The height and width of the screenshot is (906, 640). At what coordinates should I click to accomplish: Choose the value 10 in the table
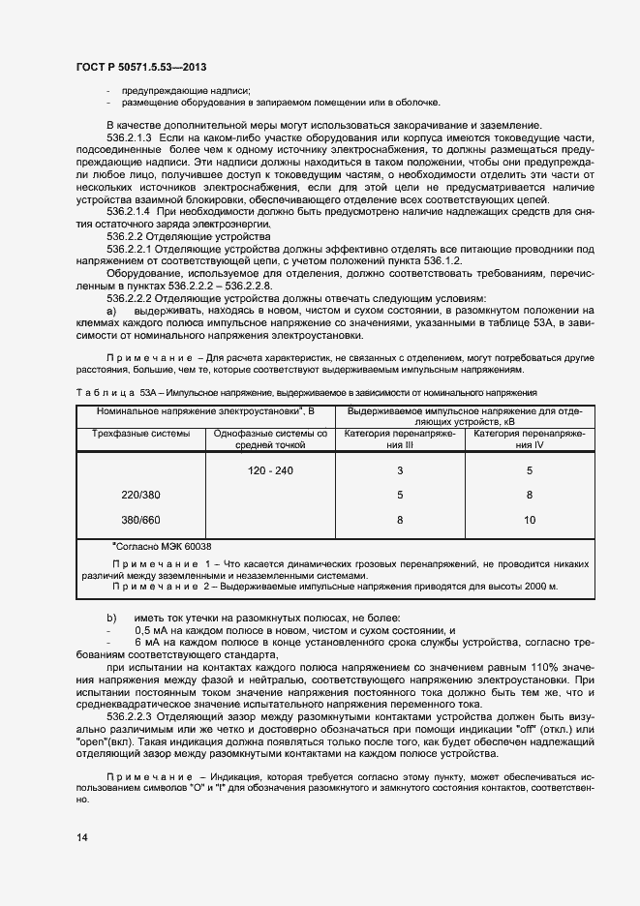(x=529, y=520)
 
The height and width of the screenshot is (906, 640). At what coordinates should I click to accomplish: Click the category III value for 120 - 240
(x=400, y=470)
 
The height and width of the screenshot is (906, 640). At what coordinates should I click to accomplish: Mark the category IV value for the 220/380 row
(x=529, y=495)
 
